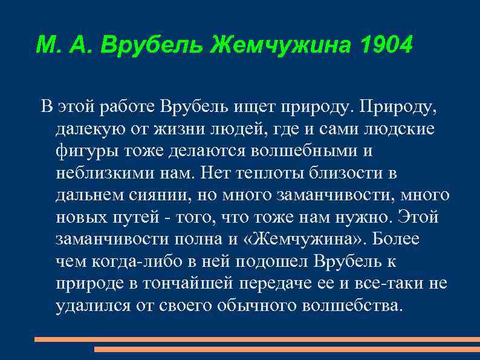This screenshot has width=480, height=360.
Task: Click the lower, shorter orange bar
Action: (287, 349)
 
